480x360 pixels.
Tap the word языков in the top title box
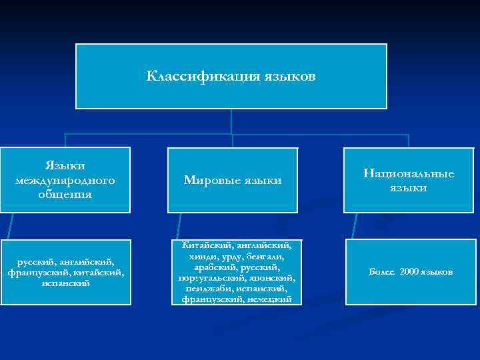point(288,76)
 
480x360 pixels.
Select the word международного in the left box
point(65,180)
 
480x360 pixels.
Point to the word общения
point(65,194)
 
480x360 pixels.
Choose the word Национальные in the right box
point(409,173)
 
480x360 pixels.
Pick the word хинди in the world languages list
point(203,257)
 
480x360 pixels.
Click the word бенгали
point(266,257)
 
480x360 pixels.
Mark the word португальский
point(211,277)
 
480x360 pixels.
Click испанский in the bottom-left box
point(65,283)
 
